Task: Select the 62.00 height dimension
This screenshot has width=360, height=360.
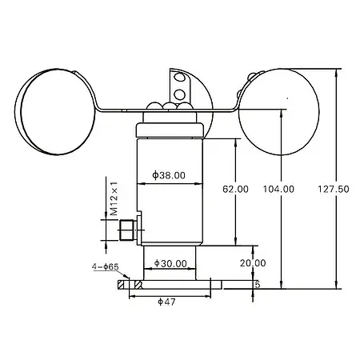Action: [x=236, y=190]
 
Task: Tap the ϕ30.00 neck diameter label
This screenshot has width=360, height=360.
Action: [x=169, y=263]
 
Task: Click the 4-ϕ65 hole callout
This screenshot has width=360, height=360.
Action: [x=106, y=268]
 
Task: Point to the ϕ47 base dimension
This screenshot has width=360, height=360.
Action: [x=166, y=301]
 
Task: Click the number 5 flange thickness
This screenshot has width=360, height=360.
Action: [x=257, y=284]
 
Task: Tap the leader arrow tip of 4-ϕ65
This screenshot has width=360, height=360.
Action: [x=126, y=280]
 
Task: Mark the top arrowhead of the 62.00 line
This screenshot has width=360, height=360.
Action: [x=236, y=142]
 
